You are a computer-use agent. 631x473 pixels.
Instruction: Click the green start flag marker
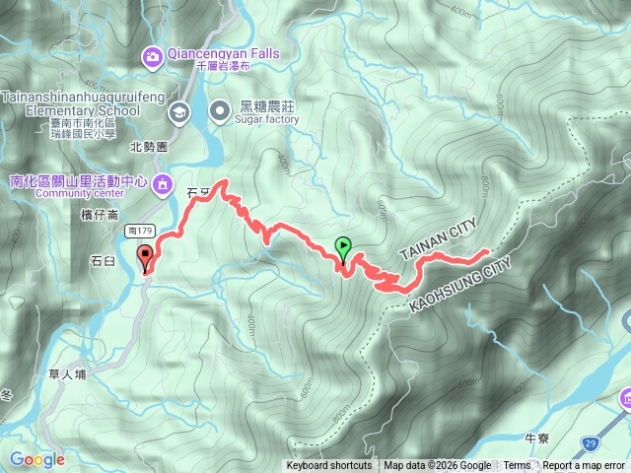coord(343,247)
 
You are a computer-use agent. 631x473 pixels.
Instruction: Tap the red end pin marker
coord(148,259)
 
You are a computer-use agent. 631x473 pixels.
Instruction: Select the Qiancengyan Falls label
coord(224,53)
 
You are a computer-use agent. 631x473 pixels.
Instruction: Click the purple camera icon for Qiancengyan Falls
coord(152,55)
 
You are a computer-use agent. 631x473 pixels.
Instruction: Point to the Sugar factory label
coord(266,119)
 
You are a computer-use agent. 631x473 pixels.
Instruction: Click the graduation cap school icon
coord(178,110)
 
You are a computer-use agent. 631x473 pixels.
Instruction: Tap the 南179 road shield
coord(140,229)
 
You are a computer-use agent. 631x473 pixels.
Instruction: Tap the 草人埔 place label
coord(67,374)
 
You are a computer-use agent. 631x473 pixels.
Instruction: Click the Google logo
coord(36,459)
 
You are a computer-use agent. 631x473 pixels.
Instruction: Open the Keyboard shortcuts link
coord(329,466)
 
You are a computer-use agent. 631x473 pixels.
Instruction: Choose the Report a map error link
coord(584,466)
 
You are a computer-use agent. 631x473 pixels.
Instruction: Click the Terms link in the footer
coord(517,466)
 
